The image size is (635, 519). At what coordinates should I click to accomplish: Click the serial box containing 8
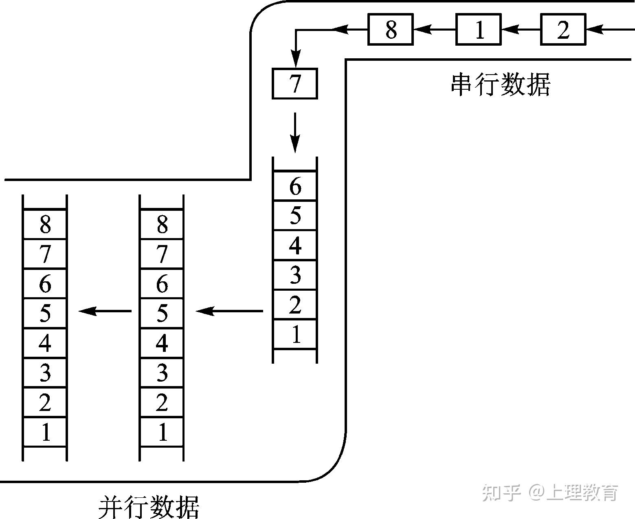click(x=391, y=29)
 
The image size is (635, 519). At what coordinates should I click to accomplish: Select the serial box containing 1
click(x=478, y=29)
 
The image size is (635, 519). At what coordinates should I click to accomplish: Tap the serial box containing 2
click(x=563, y=29)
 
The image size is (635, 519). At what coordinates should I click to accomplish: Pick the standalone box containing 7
click(x=294, y=84)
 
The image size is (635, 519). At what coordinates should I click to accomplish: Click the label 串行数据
click(x=501, y=85)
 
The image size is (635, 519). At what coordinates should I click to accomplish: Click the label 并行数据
click(x=149, y=507)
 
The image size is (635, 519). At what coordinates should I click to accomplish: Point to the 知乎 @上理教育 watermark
click(x=550, y=492)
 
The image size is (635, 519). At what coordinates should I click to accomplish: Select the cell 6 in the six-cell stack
click(x=295, y=186)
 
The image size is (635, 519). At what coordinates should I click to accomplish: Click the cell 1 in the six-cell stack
click(x=295, y=335)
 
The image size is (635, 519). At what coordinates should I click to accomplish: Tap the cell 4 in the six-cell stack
click(x=295, y=245)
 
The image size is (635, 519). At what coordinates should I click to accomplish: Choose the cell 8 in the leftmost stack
click(x=45, y=224)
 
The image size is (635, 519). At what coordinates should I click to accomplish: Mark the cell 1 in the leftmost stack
click(x=45, y=432)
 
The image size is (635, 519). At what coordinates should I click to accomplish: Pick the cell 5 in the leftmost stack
click(x=45, y=313)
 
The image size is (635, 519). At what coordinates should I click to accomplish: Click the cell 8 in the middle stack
click(x=162, y=224)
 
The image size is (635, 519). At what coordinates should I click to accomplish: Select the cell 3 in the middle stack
click(x=162, y=373)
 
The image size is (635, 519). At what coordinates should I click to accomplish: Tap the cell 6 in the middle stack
click(x=162, y=283)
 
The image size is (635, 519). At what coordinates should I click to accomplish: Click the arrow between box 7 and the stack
click(x=295, y=133)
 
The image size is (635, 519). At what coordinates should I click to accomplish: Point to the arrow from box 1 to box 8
click(x=434, y=29)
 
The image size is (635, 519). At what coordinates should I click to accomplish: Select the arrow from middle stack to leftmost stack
click(x=105, y=311)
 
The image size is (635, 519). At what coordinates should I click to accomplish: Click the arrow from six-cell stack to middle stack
click(x=229, y=311)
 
